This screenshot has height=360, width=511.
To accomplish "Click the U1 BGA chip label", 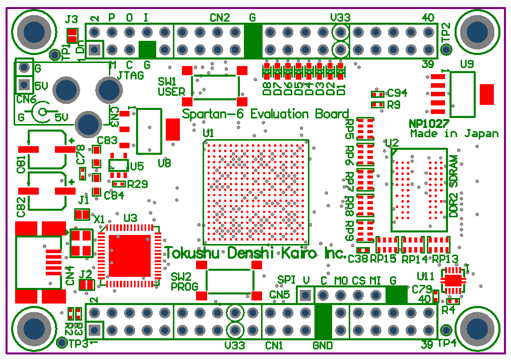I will click(x=208, y=133).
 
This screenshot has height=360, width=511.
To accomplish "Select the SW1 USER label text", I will click(x=168, y=87).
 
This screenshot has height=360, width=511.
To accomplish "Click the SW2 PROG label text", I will click(x=181, y=282).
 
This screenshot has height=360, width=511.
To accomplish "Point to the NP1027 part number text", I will click(x=429, y=124).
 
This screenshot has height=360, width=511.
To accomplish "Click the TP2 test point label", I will click(x=445, y=33).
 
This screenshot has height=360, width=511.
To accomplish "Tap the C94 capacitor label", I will click(x=397, y=93).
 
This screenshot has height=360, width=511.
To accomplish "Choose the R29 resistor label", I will click(x=138, y=185).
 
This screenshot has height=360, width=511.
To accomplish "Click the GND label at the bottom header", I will click(x=323, y=346).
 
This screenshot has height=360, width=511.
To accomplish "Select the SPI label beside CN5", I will click(x=287, y=280).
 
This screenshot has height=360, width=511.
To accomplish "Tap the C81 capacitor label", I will click(x=21, y=164).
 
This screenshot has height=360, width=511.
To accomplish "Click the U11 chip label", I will click(x=425, y=276).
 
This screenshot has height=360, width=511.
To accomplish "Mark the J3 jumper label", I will click(x=72, y=20).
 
